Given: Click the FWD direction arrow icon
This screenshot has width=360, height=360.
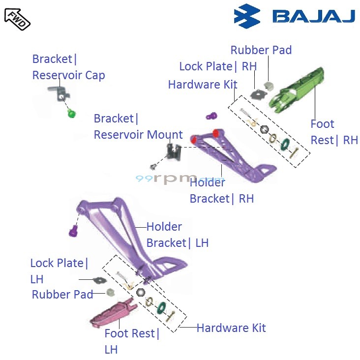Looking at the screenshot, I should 17,18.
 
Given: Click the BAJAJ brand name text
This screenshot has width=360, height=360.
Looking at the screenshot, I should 313,17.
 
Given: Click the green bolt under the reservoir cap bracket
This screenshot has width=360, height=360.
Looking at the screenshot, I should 72,115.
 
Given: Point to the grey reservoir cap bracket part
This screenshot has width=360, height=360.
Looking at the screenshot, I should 58,92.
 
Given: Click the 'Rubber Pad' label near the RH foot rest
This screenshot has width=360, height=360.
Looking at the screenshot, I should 261,50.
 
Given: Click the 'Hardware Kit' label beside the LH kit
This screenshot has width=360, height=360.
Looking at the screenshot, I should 231,328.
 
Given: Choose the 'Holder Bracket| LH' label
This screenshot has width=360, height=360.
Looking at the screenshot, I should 177,235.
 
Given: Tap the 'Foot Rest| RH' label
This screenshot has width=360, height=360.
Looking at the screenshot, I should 334,132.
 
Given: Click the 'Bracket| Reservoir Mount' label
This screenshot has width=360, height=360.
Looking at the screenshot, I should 138,127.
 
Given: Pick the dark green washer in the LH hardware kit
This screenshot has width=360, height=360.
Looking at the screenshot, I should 160,308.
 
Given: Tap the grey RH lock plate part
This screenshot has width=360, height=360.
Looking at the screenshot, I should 257,94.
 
